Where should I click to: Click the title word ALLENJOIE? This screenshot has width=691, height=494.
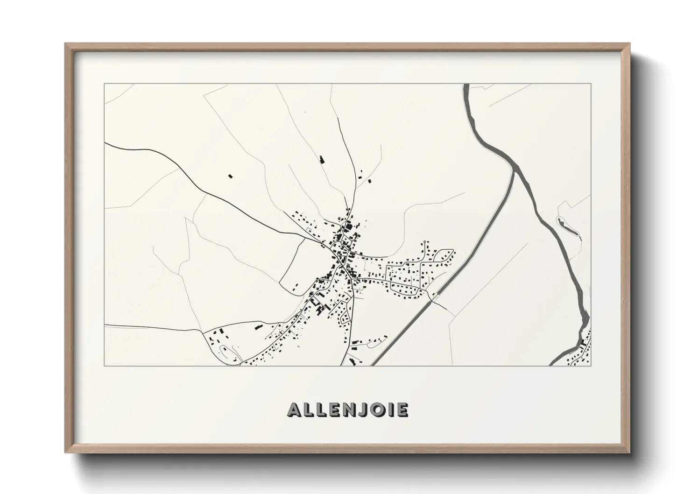[x=348, y=409]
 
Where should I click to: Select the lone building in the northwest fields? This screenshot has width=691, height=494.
[x=230, y=176]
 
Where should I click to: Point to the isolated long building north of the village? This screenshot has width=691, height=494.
[x=321, y=159]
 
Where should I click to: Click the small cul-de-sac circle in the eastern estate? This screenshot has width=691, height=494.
[x=424, y=242]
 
